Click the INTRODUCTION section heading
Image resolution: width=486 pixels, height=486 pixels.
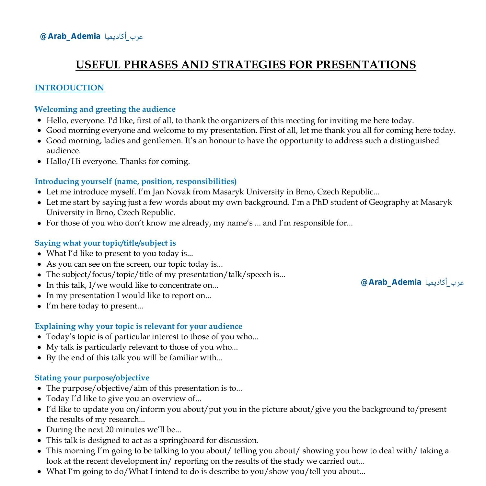point(69,88)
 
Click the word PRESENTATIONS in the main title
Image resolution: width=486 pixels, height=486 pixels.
point(366,64)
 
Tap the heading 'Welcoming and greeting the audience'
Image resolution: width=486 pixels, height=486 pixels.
point(105,109)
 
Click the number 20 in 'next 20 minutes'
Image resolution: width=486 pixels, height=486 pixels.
point(109,430)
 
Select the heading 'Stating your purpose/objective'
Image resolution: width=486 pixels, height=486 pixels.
point(92,378)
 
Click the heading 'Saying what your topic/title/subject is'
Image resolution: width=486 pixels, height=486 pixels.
point(105,243)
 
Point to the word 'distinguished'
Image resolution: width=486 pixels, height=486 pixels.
point(414,141)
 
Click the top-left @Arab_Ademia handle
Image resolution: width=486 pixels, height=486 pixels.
point(70,36)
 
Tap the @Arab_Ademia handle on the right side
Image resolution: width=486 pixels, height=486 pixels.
point(391,282)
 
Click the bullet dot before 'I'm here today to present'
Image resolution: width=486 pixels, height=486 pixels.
point(39,306)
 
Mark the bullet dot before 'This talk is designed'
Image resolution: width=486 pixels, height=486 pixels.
point(39,441)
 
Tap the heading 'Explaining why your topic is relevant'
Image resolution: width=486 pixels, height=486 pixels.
point(138,326)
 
